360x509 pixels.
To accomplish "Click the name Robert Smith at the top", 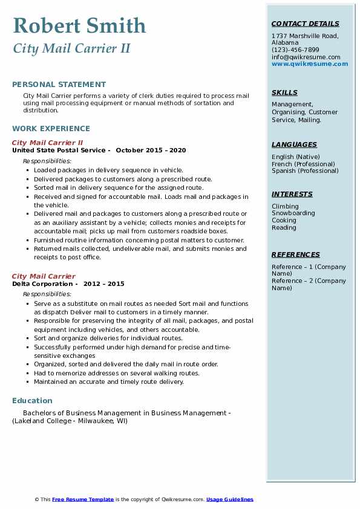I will pos(79,25).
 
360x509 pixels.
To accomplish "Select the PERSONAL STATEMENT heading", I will pos(59,85).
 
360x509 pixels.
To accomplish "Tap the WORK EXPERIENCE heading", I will pos(51,128).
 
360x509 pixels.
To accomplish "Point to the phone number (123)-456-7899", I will pos(295,50).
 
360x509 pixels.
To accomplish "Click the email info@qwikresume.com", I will pos(306,57).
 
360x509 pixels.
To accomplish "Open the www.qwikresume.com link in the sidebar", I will pos(310,64).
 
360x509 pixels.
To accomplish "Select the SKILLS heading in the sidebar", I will pos(284,92).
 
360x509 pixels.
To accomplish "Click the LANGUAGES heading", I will pos(294,144).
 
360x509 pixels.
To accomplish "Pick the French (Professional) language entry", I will pos(303,164).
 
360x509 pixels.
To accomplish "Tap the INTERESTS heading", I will pos(292,194).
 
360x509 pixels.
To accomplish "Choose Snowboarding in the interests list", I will pos(293,213).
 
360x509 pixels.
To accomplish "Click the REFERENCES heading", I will pos(296,254).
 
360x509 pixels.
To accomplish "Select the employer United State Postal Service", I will pos(59,150).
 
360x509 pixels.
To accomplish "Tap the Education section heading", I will pos(32,400).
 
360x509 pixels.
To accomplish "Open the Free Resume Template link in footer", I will pos(83,499).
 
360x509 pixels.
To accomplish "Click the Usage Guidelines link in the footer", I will pos(230,499).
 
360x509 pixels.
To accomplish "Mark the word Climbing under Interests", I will pos(284,206).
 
